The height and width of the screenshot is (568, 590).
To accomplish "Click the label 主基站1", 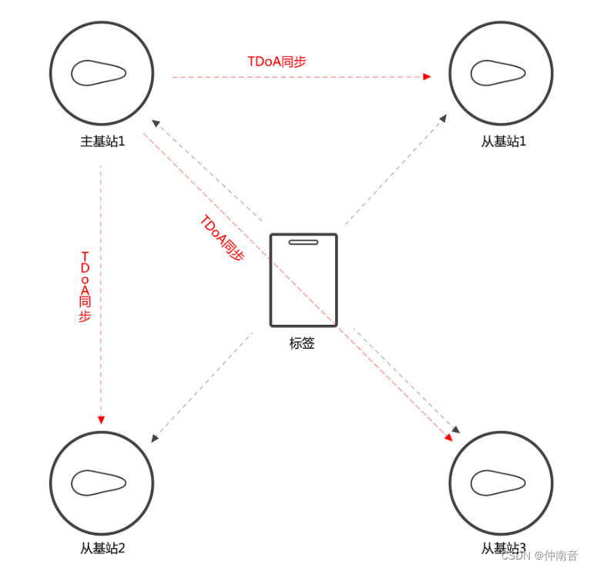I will pos(102,142).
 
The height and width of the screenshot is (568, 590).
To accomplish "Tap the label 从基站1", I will pos(503,142).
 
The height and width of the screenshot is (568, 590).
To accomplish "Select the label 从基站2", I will pos(102,549).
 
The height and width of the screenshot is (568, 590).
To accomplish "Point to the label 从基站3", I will pos(503,549).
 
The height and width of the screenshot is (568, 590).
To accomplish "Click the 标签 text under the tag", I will pos(302,343).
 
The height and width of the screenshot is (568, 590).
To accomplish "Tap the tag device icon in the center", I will pos(303,280).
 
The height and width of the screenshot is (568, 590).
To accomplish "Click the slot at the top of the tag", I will pos(303,242).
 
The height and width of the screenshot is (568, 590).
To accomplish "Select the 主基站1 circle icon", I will pos(101,73).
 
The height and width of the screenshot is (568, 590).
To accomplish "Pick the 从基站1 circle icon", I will pos(501,73).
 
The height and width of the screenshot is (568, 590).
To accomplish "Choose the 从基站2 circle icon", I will pos(101,483).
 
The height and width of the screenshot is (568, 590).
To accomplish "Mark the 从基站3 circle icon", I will pos(501,483).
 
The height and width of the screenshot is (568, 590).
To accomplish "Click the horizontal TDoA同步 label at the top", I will pos(277,62).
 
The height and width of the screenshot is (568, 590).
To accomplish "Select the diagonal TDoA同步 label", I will pos(222,239).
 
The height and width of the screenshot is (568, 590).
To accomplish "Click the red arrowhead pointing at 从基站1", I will pos(427,77).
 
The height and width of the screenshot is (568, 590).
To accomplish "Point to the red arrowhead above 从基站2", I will pos(101,419).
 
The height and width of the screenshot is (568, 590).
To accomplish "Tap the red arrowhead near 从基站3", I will pos(449,437).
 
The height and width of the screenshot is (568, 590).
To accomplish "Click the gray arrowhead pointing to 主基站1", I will pos(154,122).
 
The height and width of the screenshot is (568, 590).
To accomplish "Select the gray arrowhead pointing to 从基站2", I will pos(155,438).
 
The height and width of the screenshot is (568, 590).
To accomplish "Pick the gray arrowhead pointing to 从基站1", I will pos(443,118).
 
